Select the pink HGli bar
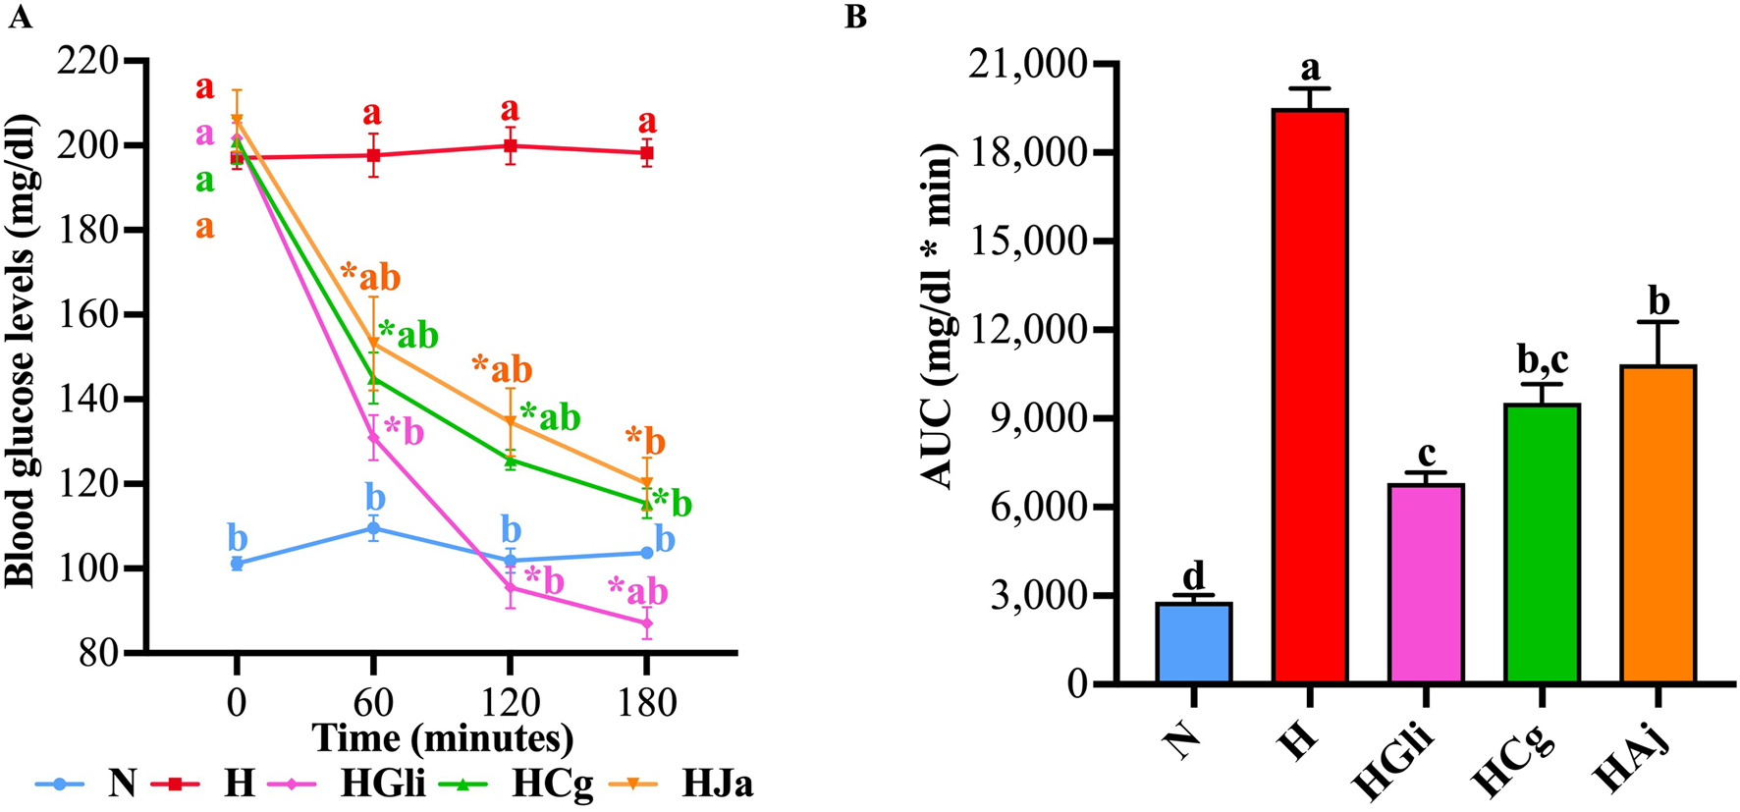tap(1426, 583)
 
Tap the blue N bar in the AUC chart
tap(1194, 643)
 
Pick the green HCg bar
tap(1542, 543)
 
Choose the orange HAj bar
tap(1658, 523)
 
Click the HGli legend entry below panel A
tap(383, 784)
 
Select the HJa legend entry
tap(718, 784)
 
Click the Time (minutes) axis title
tap(442, 736)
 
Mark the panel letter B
tap(855, 17)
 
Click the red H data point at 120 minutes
tap(511, 145)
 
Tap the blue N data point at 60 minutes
tap(373, 528)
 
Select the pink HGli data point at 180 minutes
tap(646, 623)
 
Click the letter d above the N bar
tap(1194, 575)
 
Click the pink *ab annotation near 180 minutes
tap(637, 591)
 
